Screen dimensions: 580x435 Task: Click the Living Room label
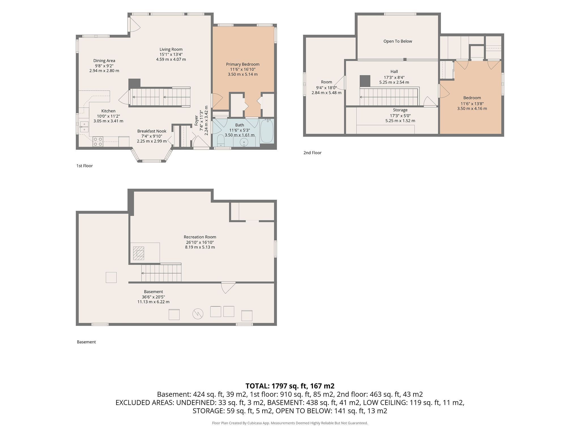tap(171, 49)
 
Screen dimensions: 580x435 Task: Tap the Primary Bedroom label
tap(243, 64)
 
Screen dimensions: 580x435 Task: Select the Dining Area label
tap(104, 61)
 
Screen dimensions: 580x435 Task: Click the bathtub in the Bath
tap(266, 131)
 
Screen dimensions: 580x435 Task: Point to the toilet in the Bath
tap(221, 141)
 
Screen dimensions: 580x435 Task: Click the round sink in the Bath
tap(244, 142)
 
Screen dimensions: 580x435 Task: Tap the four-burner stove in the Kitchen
tap(98, 142)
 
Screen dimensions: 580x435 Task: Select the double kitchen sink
tap(84, 127)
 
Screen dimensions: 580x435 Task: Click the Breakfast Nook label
tap(152, 131)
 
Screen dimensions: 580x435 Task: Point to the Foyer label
tap(196, 120)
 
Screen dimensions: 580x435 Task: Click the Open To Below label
tap(398, 41)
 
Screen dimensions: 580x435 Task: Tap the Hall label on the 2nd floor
tap(394, 72)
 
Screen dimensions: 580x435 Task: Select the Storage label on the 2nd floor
tap(400, 110)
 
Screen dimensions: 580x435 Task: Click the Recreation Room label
tap(200, 237)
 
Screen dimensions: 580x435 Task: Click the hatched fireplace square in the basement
tap(139, 253)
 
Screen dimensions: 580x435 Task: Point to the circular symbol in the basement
tap(198, 314)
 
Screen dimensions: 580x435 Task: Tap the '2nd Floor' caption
tap(312, 153)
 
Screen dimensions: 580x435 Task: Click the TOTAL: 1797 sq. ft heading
tap(290, 386)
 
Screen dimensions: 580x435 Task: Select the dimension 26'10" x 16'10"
tap(200, 242)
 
